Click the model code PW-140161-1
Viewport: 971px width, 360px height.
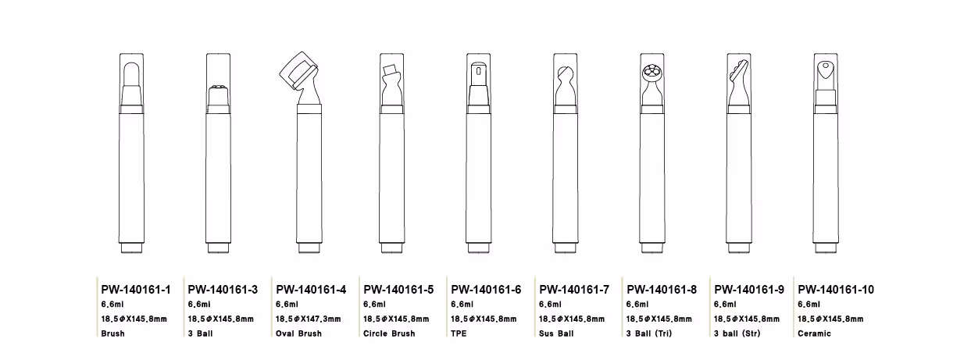(136, 290)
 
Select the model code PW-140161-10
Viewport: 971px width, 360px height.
(836, 290)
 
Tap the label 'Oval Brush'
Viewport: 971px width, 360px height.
(298, 333)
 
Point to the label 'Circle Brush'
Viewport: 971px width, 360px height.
(389, 333)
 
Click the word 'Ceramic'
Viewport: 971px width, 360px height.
(814, 333)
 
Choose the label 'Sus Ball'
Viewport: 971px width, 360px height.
(556, 333)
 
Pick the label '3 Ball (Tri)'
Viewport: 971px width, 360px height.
(649, 333)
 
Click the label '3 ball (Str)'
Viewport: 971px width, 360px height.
(737, 333)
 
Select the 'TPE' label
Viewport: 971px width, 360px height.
(459, 333)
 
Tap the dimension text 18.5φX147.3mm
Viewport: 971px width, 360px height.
(309, 319)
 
